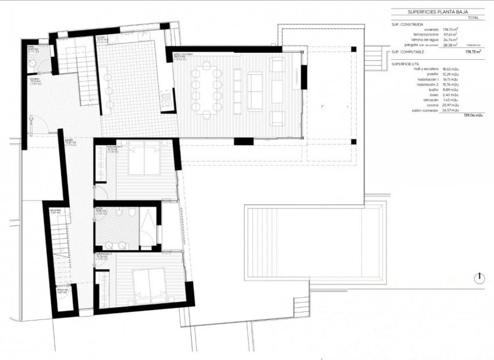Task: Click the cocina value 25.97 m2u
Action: (x=450, y=105)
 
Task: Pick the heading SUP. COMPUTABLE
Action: (x=411, y=52)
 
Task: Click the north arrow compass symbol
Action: (x=479, y=278)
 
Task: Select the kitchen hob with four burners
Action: (x=166, y=102)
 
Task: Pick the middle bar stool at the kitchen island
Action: (x=108, y=89)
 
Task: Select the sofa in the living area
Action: (x=255, y=91)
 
